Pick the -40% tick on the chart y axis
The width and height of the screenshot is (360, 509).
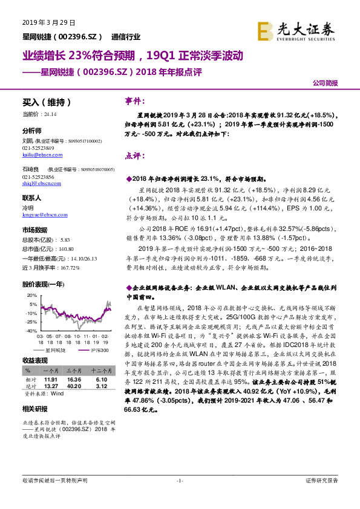[x=29, y=331]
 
